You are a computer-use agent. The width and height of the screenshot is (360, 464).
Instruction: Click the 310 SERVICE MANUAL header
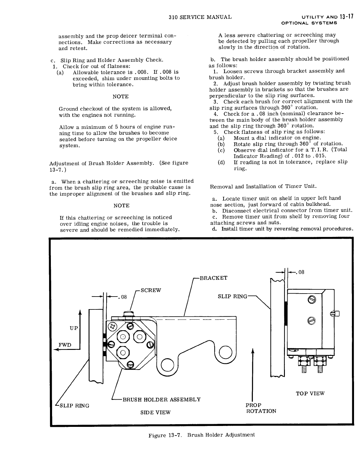pyautogui.click(x=200, y=17)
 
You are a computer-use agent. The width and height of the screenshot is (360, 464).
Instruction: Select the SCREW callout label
pyautogui.click(x=151, y=290)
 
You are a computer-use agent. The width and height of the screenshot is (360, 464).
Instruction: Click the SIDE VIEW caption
pyautogui.click(x=155, y=412)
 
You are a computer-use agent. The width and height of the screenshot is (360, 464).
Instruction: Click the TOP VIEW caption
pyautogui.click(x=310, y=393)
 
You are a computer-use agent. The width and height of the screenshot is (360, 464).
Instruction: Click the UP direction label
pyautogui.click(x=74, y=328)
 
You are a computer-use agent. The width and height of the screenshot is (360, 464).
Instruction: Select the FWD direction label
pyautogui.click(x=65, y=344)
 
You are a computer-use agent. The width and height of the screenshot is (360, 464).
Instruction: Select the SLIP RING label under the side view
pyautogui.click(x=75, y=406)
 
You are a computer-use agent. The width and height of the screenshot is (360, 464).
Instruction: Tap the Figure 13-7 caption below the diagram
pyautogui.click(x=202, y=435)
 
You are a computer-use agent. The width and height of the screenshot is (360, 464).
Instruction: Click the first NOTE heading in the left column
pyautogui.click(x=121, y=96)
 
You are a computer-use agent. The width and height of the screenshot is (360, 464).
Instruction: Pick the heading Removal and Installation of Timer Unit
pyautogui.click(x=263, y=186)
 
